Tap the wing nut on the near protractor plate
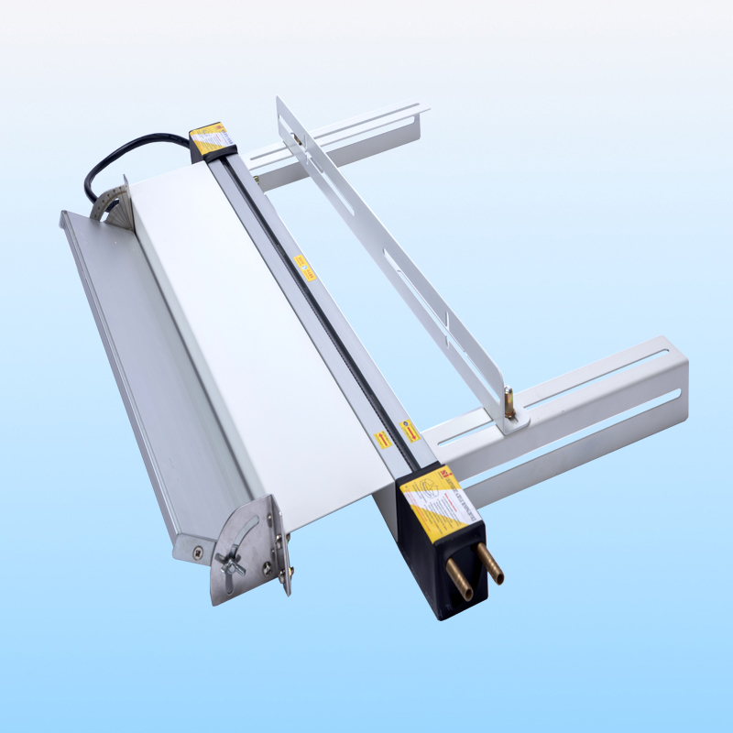pyautogui.click(x=229, y=562)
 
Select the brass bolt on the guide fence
pyautogui.click(x=509, y=403)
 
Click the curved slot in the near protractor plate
pyautogui.click(x=244, y=536)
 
